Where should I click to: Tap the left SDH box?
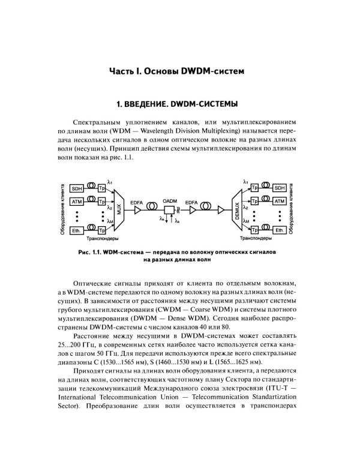coord(77,188)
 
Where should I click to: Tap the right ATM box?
coord(280,202)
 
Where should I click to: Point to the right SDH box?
coord(280,188)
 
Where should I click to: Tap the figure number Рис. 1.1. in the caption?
coord(91,252)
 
